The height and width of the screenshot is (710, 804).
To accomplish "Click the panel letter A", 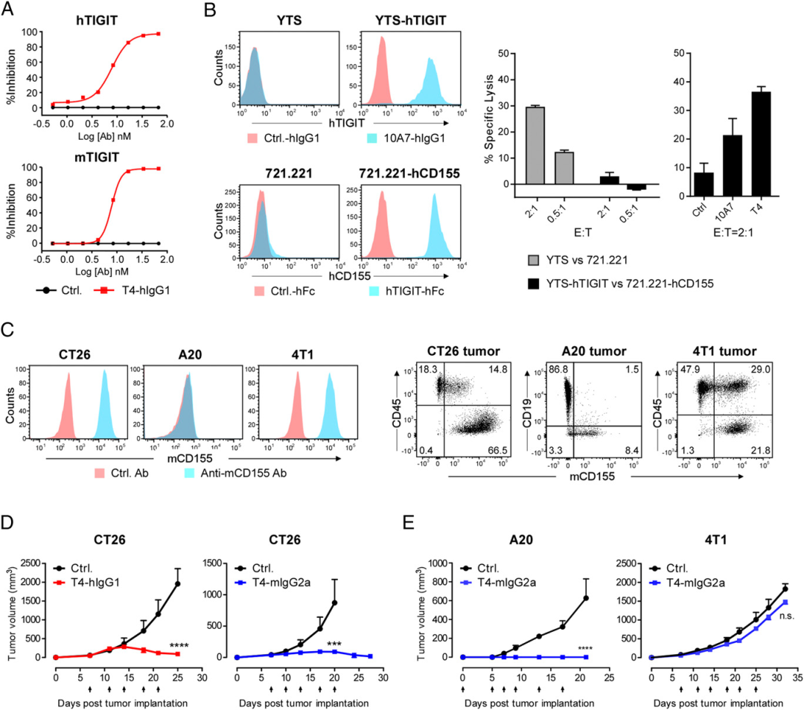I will tap(13, 10).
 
